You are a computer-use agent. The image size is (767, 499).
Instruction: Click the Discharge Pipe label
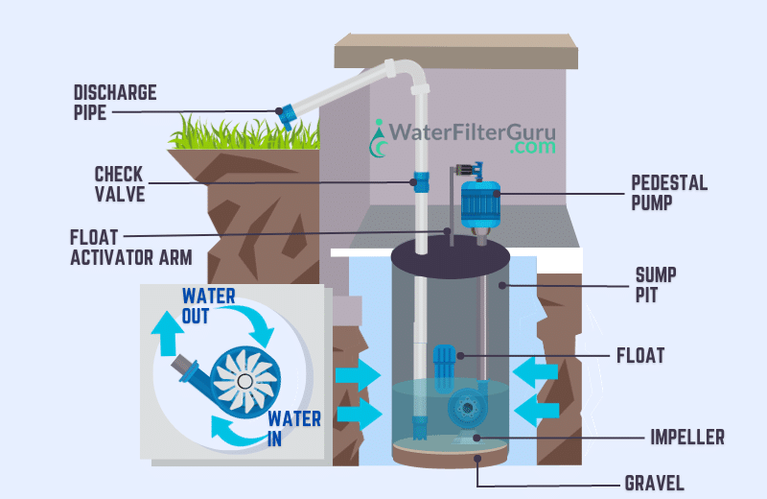coord(115,103)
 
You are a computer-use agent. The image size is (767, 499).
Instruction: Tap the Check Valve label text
coord(119,184)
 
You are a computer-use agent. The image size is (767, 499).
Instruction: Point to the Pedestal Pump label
coord(664,192)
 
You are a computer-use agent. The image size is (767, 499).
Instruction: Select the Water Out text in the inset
coord(208,306)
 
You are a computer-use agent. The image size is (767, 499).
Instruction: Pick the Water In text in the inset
coord(288,428)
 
